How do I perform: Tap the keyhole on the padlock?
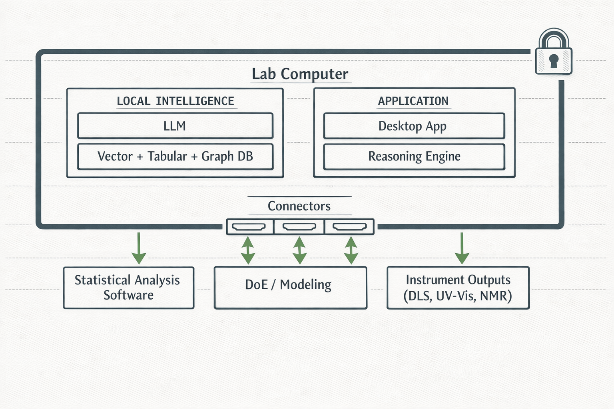point(554,61)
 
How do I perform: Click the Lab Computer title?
point(300,74)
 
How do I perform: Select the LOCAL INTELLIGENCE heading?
point(175,101)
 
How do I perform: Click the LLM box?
point(175,126)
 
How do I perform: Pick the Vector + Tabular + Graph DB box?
point(175,156)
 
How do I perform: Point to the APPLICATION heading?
point(413,101)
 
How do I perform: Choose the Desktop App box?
point(413,126)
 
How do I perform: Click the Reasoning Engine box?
point(414,156)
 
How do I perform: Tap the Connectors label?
point(299,206)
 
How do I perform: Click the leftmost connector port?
point(249,227)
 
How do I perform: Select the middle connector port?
point(299,227)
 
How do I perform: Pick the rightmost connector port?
point(350,227)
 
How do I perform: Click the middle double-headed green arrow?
point(299,250)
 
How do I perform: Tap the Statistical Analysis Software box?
point(128,288)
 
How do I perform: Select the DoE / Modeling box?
point(290,288)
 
